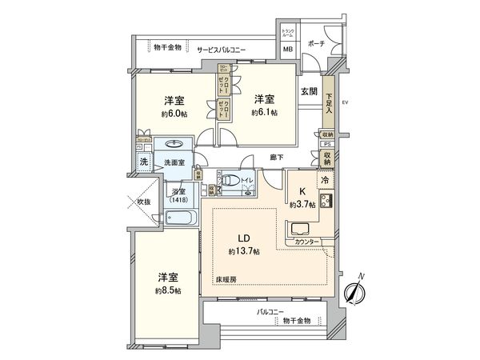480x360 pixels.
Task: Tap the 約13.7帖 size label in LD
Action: (x=243, y=251)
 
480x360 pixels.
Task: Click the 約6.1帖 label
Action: (x=264, y=113)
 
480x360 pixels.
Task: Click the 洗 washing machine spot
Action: (x=144, y=162)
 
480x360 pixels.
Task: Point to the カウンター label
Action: (x=307, y=241)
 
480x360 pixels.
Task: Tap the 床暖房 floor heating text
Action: (x=226, y=278)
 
